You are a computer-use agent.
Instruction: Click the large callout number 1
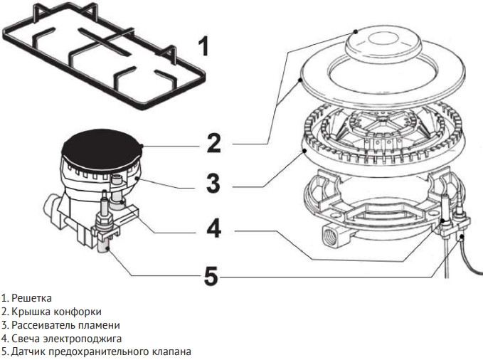[203, 47]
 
